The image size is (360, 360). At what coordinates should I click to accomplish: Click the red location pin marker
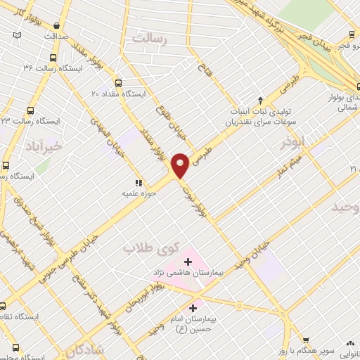point(182,165)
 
